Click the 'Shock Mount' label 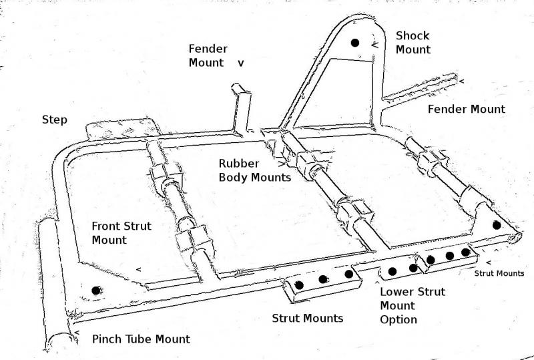pos(413,42)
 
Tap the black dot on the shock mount pos(355,43)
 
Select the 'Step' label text pos(54,120)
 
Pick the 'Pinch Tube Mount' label pos(140,339)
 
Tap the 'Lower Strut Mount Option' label pos(412,305)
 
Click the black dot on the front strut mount pos(97,290)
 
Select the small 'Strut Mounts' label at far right pos(499,273)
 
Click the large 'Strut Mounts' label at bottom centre pos(307,318)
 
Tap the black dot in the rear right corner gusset pos(496,225)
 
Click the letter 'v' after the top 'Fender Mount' pos(241,63)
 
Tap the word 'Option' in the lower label pos(398,319)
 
